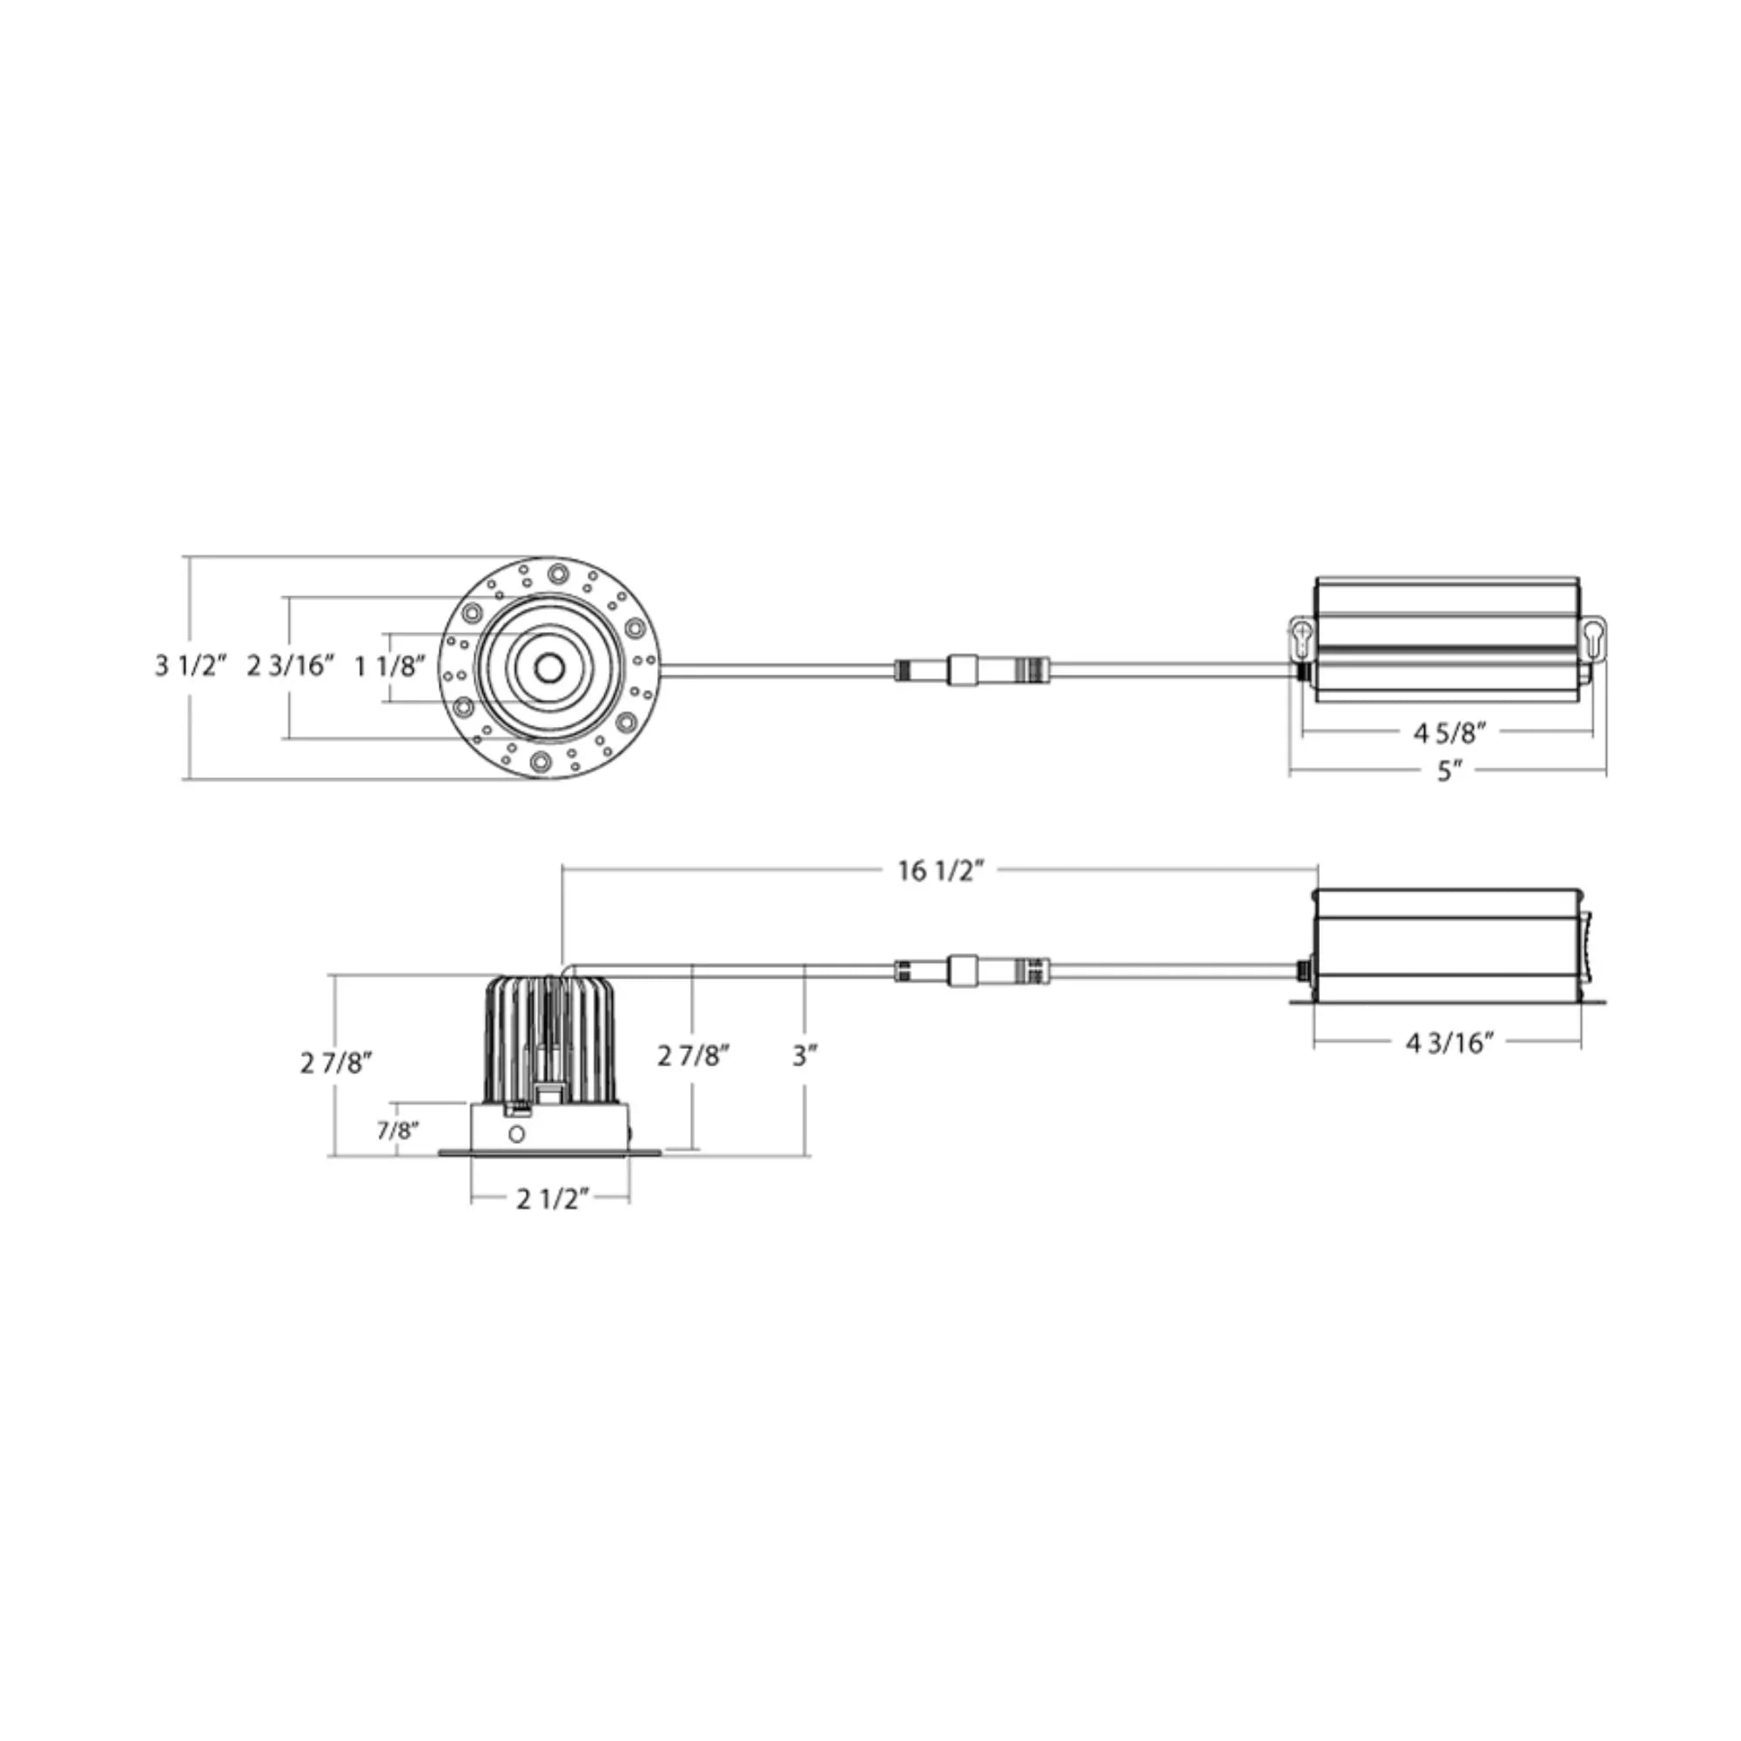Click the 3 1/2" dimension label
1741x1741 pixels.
point(190,667)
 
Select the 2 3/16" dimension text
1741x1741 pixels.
point(291,667)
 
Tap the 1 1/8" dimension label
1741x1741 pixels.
point(389,667)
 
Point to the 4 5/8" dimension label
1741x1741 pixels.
point(1449,734)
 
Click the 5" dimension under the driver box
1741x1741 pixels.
point(1449,771)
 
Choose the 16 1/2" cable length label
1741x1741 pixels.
point(940,870)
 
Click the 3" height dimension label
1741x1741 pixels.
point(804,1056)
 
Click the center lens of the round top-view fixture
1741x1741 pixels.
point(548,668)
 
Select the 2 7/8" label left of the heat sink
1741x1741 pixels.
point(336,1064)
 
